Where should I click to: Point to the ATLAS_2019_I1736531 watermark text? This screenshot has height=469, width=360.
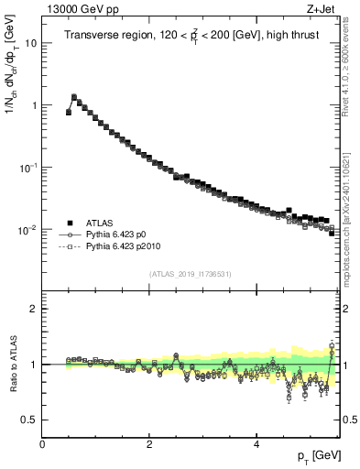191,274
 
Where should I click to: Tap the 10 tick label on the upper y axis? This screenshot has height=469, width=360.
30,43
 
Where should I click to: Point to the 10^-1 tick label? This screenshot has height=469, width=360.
28,168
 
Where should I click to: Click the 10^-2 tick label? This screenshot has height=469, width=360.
28,230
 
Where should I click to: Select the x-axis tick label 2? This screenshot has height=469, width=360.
149,443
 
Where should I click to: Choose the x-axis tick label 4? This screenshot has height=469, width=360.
256,443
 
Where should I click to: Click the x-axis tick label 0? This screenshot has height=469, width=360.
42,443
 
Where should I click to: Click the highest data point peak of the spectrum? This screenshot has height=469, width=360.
74,96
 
